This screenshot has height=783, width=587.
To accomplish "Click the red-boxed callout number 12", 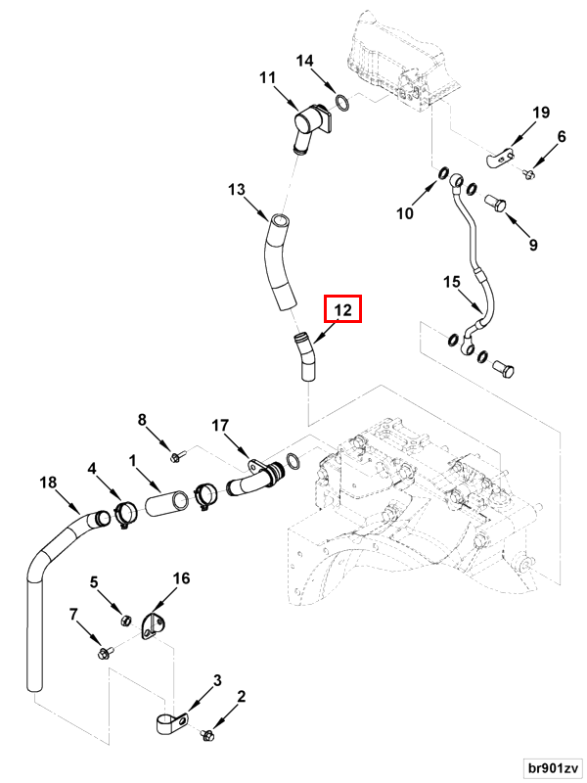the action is [x=342, y=310].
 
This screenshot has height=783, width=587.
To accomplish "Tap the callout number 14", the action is [x=305, y=61].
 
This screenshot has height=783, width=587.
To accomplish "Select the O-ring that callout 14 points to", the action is [x=341, y=103].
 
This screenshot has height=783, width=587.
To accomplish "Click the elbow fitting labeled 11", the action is [x=310, y=126].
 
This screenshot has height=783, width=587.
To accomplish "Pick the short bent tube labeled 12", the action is [x=306, y=357].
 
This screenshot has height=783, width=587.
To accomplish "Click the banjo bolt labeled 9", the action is [x=497, y=204].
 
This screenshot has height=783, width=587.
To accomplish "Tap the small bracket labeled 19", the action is [x=500, y=157].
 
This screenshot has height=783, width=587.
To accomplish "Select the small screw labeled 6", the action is [x=528, y=174].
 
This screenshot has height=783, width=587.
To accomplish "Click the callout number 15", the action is [x=452, y=282].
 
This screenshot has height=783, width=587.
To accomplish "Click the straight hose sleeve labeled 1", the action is [x=167, y=504].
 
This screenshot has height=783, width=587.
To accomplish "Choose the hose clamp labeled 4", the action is [x=125, y=516].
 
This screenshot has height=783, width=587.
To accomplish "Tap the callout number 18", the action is [x=48, y=483].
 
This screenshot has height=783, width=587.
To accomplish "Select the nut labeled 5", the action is [x=126, y=621].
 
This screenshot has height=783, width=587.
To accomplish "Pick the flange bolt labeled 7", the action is [x=107, y=652].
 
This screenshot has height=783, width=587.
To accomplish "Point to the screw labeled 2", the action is [x=207, y=735].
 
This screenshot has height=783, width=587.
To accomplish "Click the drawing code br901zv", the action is [x=554, y=767].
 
